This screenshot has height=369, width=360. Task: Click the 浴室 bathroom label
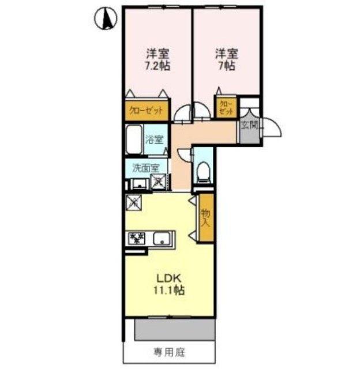(x=155, y=139)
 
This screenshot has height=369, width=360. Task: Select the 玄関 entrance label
(x=249, y=125)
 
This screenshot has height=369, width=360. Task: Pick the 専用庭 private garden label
(x=169, y=351)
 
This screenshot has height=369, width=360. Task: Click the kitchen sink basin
(x=161, y=238)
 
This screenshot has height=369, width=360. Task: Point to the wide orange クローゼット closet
(x=146, y=111)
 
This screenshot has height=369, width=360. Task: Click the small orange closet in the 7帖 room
(x=226, y=107)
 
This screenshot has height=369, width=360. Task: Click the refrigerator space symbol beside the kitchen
(x=133, y=203)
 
